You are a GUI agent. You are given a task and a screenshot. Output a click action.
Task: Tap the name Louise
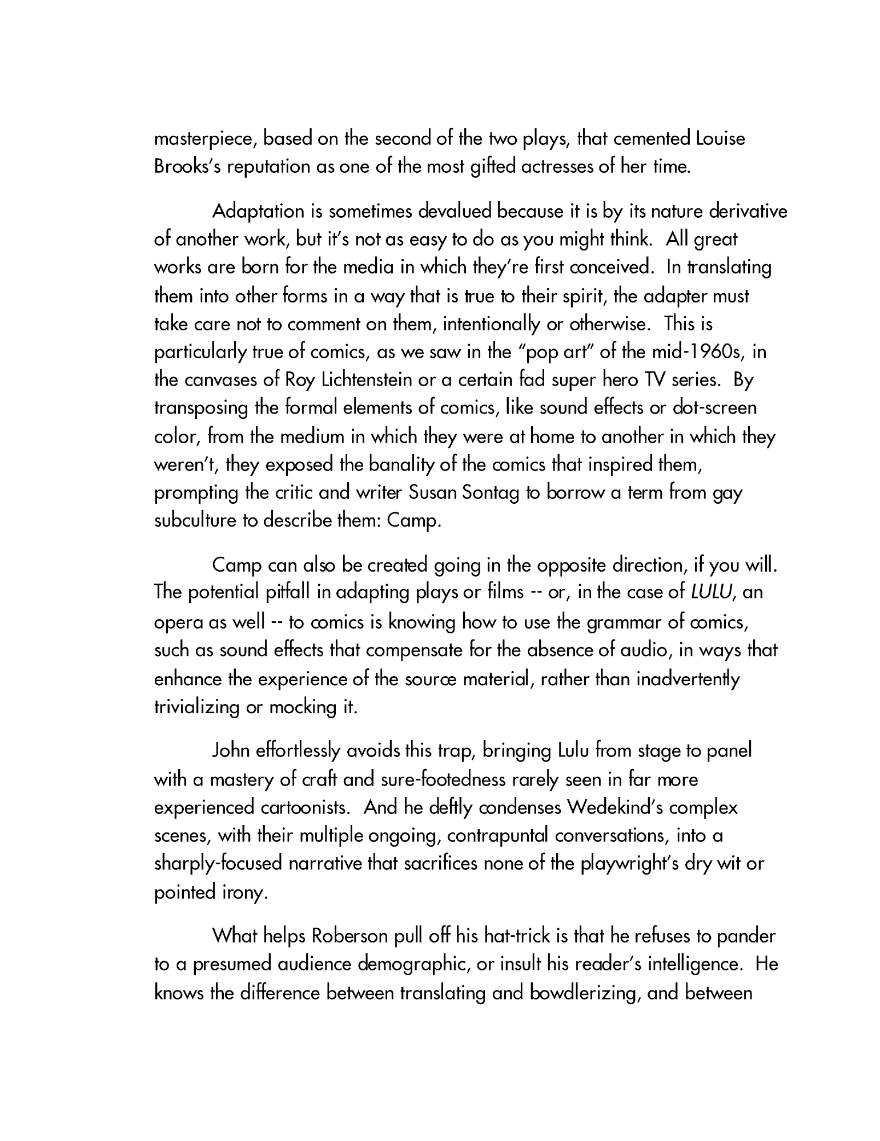721,139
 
